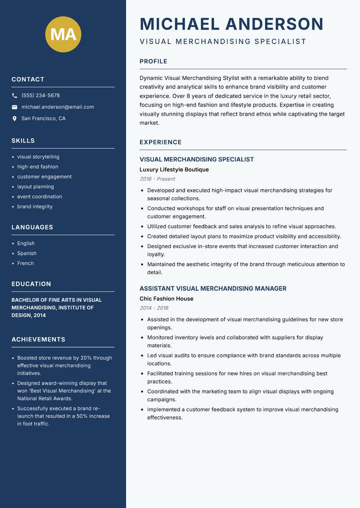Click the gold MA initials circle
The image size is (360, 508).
pyautogui.click(x=63, y=34)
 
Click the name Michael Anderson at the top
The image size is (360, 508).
pyautogui.click(x=231, y=24)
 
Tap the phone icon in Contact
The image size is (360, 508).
pyautogui.click(x=14, y=96)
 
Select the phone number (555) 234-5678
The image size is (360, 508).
pyautogui.click(x=40, y=96)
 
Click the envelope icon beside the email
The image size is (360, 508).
pyautogui.click(x=14, y=107)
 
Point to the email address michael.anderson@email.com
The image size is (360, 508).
pyautogui.click(x=58, y=107)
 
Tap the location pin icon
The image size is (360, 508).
pyautogui.click(x=14, y=119)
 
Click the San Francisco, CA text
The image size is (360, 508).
pyautogui.click(x=43, y=119)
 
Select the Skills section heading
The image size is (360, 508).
pyautogui.click(x=23, y=141)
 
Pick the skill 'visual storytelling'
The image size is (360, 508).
pyautogui.click(x=38, y=157)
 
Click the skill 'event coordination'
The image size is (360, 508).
pyautogui.click(x=40, y=196)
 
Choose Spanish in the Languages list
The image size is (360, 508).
pyautogui.click(x=27, y=253)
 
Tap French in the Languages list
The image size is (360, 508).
pyautogui.click(x=26, y=263)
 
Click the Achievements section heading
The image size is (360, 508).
pyautogui.click(x=38, y=339)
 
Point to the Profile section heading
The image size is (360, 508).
pyautogui.click(x=153, y=62)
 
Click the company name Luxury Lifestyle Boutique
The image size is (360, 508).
pyautogui.click(x=174, y=169)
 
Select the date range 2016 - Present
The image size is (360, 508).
pyautogui.click(x=157, y=179)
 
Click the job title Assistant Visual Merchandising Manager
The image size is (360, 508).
pyautogui.click(x=213, y=289)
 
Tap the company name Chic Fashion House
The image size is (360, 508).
pyautogui.click(x=166, y=299)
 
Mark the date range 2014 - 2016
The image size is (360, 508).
pyautogui.click(x=154, y=308)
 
